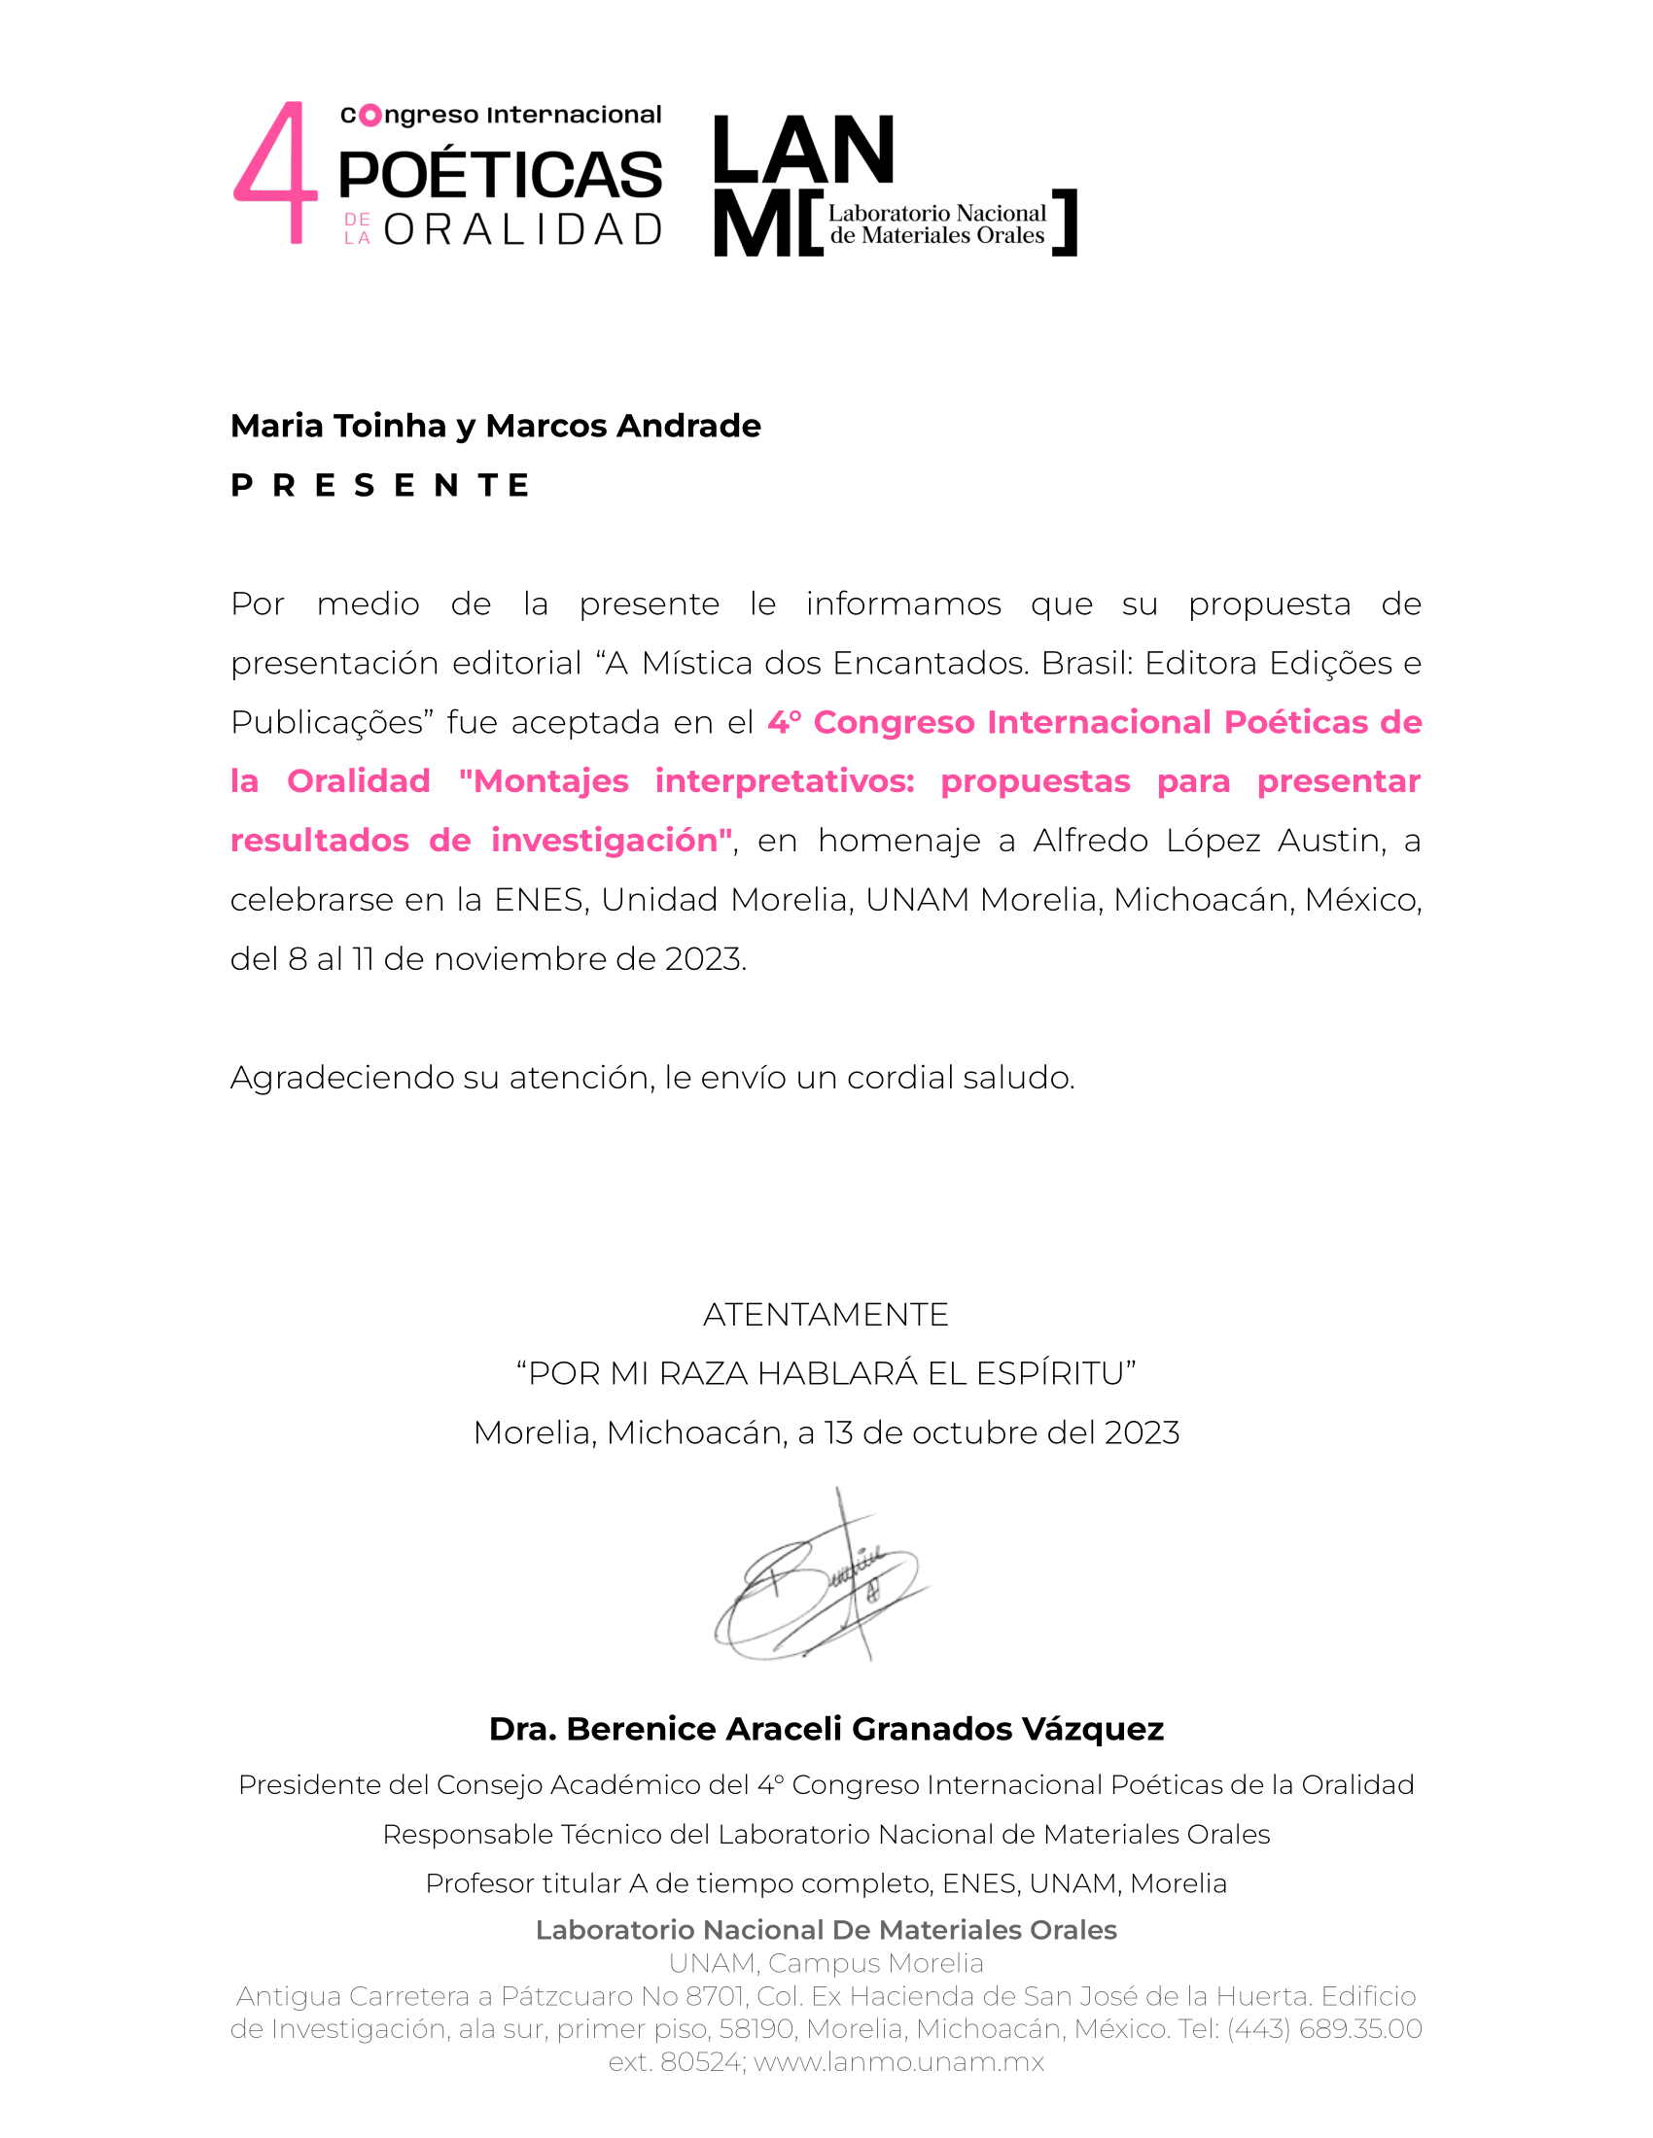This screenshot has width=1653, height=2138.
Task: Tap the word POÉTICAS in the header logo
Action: pos(501,175)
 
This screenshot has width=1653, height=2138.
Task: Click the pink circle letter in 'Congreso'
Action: pos(370,116)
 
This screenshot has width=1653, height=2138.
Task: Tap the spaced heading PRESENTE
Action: pos(380,485)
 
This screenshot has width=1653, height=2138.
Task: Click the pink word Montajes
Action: pos(550,781)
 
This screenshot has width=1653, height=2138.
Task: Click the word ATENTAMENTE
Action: pos(826,1314)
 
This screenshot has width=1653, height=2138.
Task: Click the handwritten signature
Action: pos(823,1577)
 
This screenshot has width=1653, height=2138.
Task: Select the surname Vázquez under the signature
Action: pos(1092,1729)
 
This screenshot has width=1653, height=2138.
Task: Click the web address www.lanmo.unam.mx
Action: pos(899,2061)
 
